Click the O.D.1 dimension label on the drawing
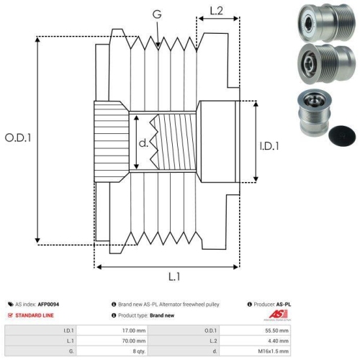pos(18,138)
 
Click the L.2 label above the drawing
pos(217,11)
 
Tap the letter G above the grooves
pos(157,14)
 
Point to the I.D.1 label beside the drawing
pos(269,146)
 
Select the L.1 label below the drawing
pos(174,276)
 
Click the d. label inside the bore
pos(143,143)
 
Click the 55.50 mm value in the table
pos(276,330)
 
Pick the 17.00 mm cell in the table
pos(134,330)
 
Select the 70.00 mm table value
pos(134,341)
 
